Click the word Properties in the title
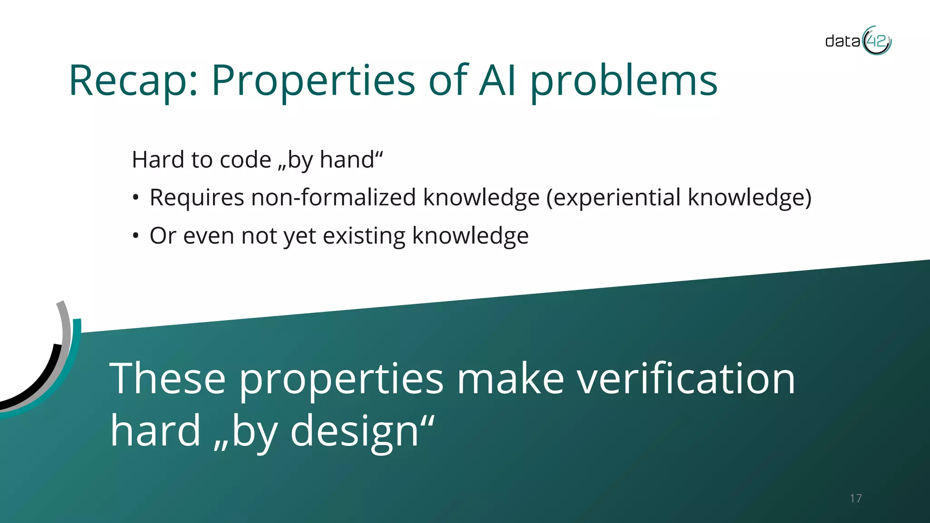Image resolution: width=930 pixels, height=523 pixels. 313,82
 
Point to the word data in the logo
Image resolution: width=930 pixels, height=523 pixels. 842,42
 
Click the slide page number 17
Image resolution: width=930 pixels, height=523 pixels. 856,498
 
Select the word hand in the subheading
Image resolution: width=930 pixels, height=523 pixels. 346,160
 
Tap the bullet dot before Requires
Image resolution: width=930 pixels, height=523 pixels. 135,198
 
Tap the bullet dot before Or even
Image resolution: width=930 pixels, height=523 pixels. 135,236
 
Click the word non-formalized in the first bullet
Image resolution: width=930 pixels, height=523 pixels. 333,198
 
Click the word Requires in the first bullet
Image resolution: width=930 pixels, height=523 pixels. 197,198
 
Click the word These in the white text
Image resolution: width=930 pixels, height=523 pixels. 168,379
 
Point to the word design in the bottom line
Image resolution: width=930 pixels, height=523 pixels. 354,431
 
